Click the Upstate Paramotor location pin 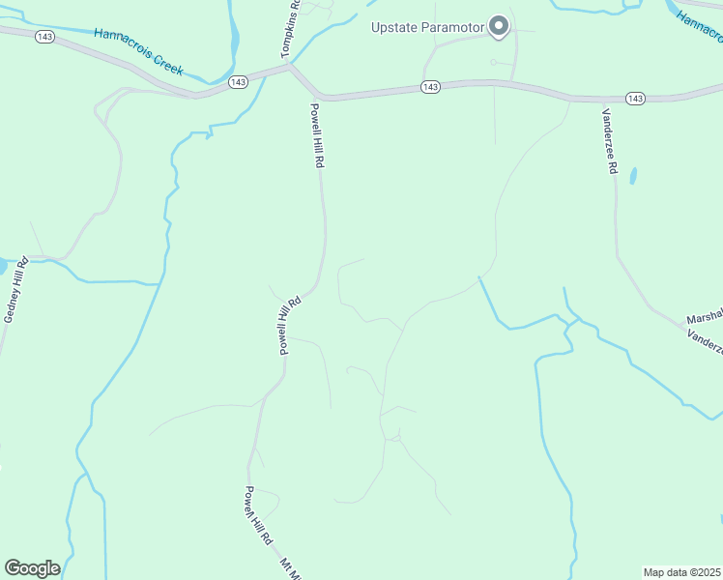(x=499, y=25)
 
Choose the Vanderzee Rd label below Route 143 (x=609, y=141)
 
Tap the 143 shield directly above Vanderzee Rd (x=635, y=99)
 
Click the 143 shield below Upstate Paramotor (x=431, y=87)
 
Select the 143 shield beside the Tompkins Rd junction (x=238, y=82)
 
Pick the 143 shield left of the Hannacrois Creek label (x=43, y=36)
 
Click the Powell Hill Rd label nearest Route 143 (x=316, y=136)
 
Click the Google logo (x=32, y=568)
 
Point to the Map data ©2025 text (x=681, y=572)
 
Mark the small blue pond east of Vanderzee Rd (x=633, y=176)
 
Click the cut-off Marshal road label (x=704, y=318)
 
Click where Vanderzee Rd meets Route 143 (x=604, y=101)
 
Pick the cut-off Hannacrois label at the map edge (x=698, y=27)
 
